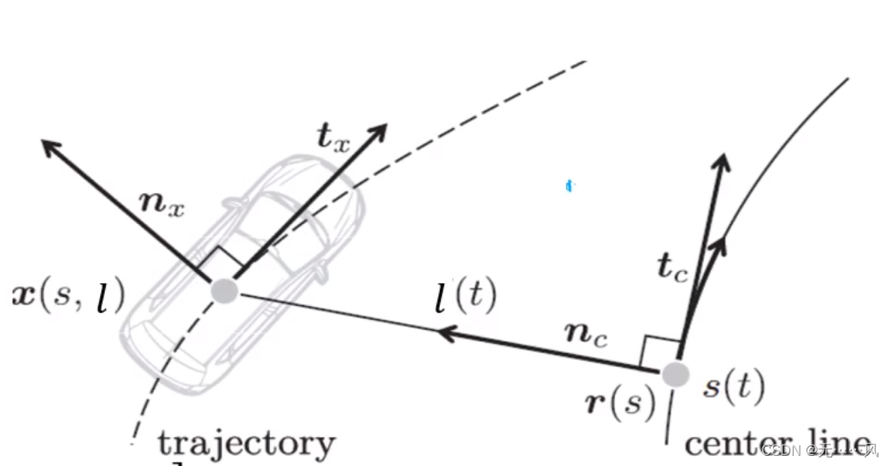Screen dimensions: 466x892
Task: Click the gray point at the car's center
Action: click(x=224, y=291)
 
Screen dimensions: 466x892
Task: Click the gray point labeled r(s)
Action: click(x=676, y=374)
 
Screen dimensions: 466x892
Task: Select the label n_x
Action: click(x=162, y=204)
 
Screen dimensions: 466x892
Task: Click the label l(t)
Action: click(x=465, y=298)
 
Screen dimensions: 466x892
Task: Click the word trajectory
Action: click(x=246, y=443)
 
